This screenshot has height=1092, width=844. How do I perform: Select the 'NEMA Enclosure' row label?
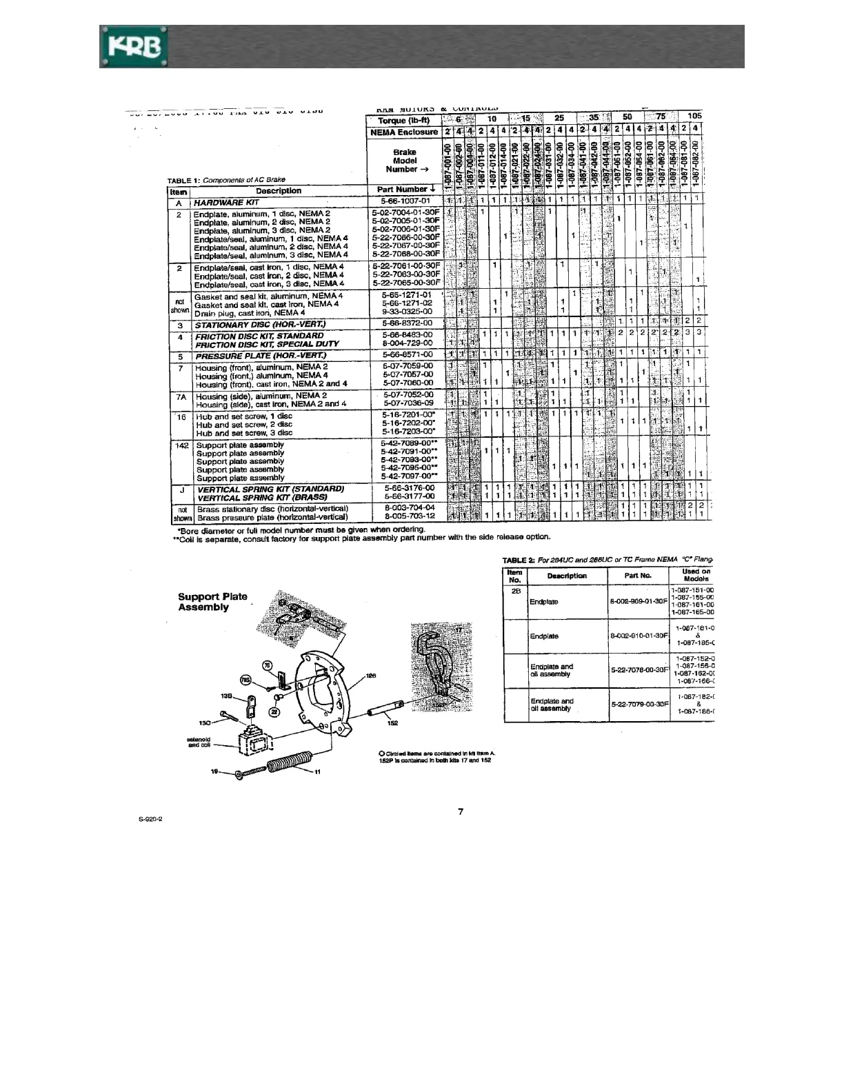pyautogui.click(x=404, y=132)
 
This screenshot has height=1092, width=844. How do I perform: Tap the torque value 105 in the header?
pyautogui.click(x=694, y=117)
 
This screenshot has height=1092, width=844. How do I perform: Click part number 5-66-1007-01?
pyautogui.click(x=405, y=201)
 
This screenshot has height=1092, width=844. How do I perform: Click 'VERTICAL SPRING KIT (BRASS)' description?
pyautogui.click(x=261, y=497)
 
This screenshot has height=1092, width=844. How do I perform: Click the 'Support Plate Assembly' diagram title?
pyautogui.click(x=212, y=602)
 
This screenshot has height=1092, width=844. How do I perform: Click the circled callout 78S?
pyautogui.click(x=245, y=679)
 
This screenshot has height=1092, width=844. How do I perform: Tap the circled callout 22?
pyautogui.click(x=274, y=711)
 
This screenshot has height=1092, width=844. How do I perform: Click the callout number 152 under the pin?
pyautogui.click(x=392, y=722)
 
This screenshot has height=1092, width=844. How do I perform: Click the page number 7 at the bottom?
pyautogui.click(x=461, y=811)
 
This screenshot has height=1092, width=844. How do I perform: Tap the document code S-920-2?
pyautogui.click(x=150, y=819)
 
